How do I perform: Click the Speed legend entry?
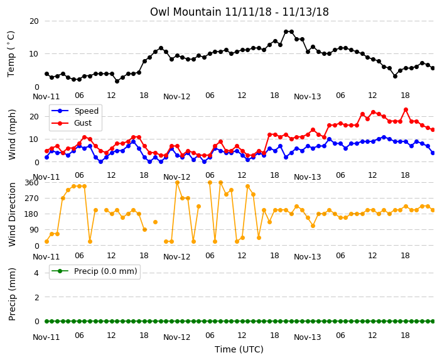(75, 111)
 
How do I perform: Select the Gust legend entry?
(72, 123)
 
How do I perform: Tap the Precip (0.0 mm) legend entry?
(94, 271)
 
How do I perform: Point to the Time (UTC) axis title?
(239, 349)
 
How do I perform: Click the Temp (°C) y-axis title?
(11, 54)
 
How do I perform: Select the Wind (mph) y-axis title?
(12, 134)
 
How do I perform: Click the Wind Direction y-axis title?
(12, 214)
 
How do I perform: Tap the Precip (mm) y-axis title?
(12, 294)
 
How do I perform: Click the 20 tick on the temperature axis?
(34, 21)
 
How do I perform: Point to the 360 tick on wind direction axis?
(31, 183)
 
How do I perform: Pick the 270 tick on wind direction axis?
(31, 199)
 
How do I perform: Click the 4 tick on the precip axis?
(36, 273)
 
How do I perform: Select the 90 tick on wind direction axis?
(34, 230)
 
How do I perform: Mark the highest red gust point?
(406, 110)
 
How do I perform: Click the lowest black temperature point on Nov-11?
(117, 81)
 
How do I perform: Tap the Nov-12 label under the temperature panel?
(177, 97)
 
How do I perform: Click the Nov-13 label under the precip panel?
(308, 337)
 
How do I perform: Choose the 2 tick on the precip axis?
(36, 297)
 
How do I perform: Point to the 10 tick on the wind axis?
(34, 139)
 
